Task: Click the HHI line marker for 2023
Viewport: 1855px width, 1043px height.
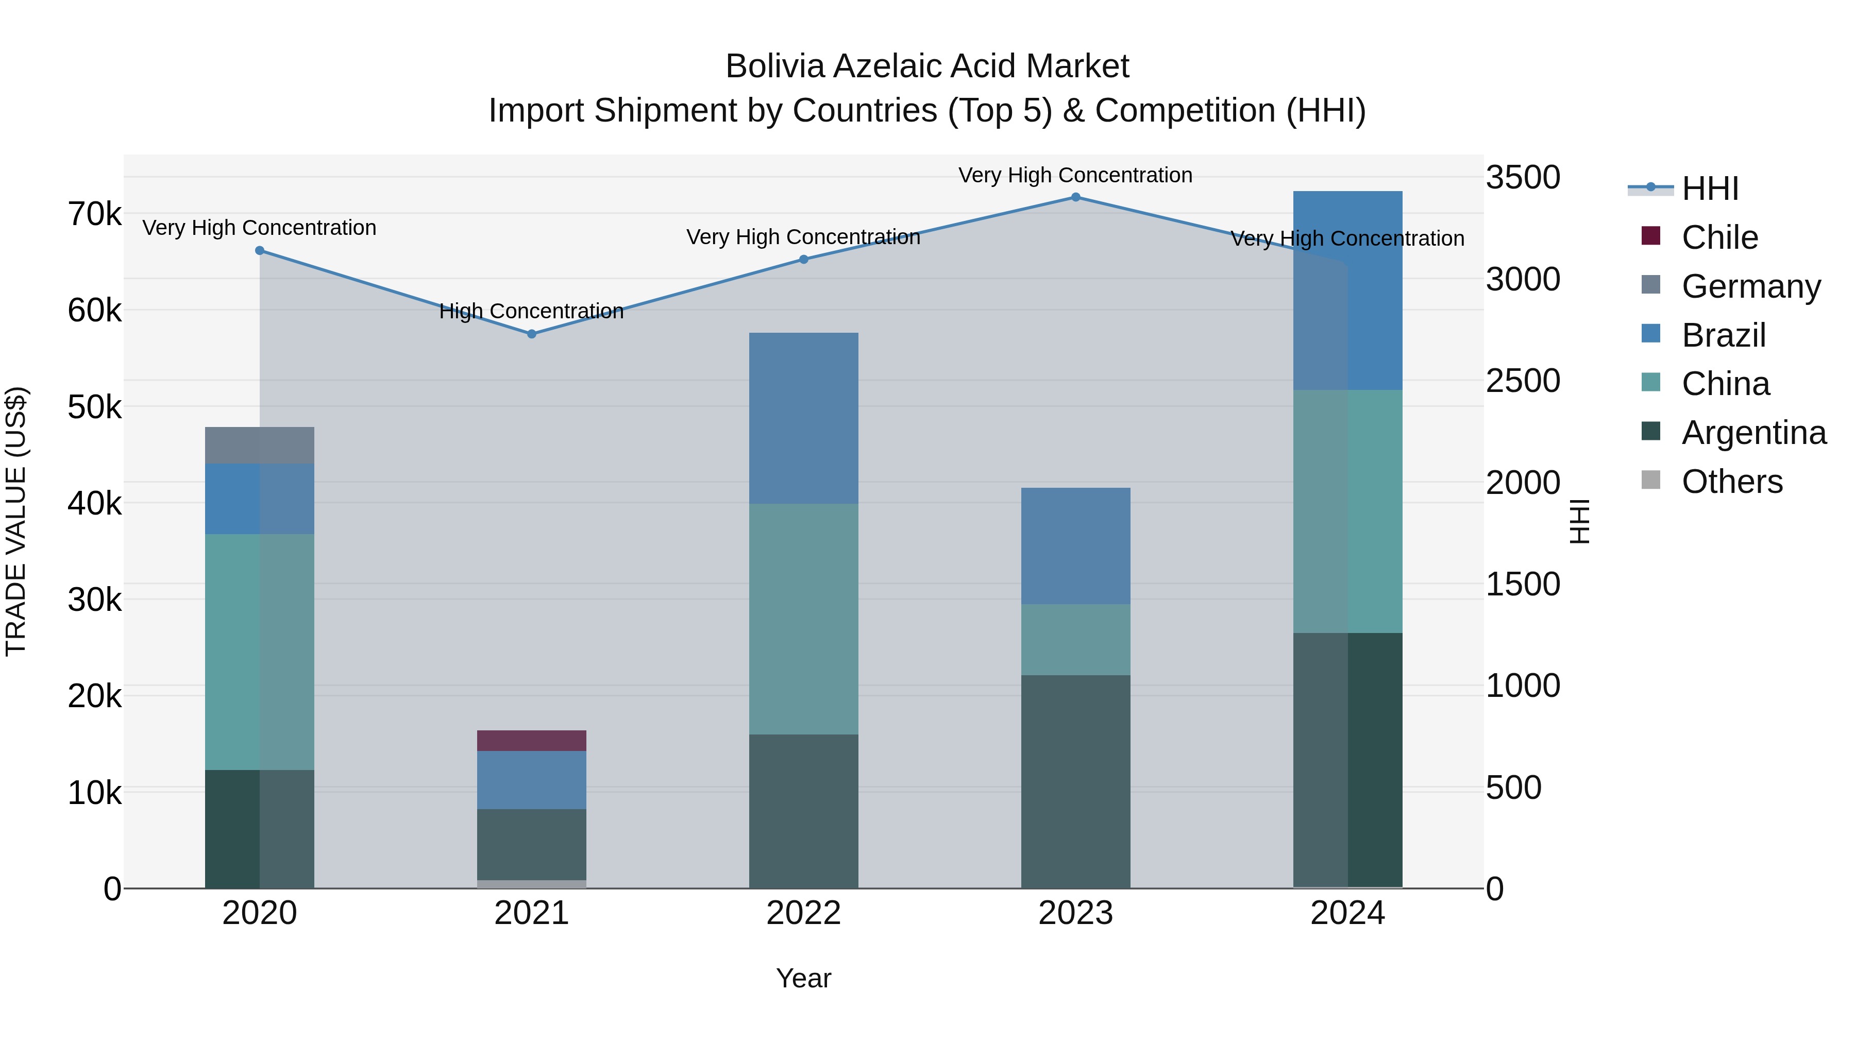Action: tap(1076, 197)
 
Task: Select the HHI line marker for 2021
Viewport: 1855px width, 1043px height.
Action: tap(531, 334)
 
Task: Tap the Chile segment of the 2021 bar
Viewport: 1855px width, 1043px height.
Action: tap(531, 741)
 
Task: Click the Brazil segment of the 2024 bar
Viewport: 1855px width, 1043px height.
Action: tap(1347, 291)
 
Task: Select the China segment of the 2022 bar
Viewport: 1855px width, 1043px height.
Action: tap(804, 619)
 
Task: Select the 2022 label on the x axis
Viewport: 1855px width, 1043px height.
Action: tap(804, 913)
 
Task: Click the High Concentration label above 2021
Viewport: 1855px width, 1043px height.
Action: tap(531, 312)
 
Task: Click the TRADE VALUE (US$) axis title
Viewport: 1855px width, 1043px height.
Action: tap(16, 521)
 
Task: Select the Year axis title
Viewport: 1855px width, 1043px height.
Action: tap(804, 978)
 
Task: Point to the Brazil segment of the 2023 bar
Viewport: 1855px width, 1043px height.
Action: tap(1076, 546)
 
